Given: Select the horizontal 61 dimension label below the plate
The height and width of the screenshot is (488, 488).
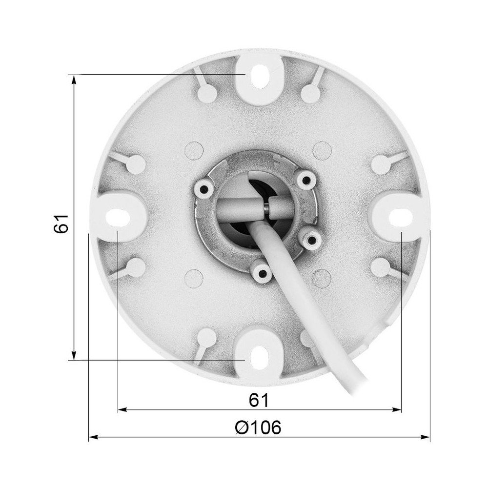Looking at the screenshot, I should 259,400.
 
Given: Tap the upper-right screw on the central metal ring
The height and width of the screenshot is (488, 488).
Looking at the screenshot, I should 305,179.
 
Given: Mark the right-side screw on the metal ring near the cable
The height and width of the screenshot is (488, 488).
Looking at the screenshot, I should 311,238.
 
